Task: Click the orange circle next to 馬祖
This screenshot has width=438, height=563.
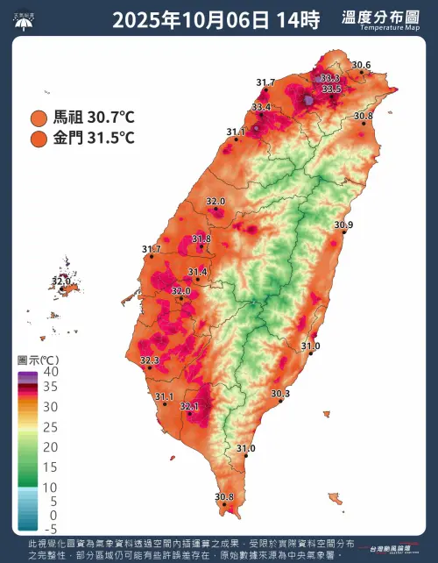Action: [x=39, y=118]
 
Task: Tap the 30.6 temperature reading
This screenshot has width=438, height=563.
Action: [x=361, y=65]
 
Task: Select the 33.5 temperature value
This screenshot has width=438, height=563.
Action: [x=331, y=89]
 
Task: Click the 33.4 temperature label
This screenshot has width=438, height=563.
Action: [x=261, y=107]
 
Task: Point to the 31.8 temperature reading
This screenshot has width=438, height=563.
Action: [x=201, y=239]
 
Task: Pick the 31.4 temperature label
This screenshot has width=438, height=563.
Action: [x=197, y=272]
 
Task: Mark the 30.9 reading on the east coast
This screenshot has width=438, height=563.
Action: [x=343, y=225]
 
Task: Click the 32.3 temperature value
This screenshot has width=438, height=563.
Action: [x=150, y=360]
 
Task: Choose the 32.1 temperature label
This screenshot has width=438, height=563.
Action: [x=189, y=406]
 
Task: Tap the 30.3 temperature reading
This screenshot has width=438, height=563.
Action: [x=280, y=394]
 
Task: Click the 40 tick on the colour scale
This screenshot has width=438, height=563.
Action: [x=52, y=372]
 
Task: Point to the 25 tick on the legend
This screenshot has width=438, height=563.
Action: [x=52, y=427]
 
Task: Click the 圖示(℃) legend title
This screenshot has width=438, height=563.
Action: [x=38, y=360]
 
